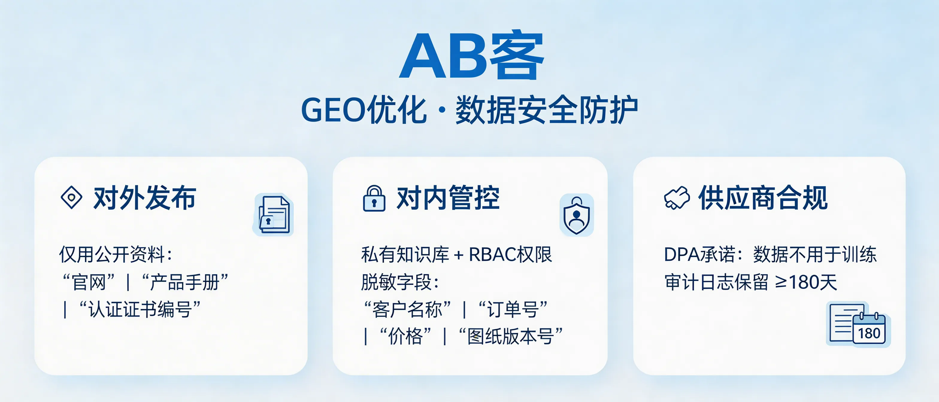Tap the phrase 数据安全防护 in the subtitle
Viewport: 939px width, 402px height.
coord(546,109)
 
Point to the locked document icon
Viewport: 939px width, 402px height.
coord(273,215)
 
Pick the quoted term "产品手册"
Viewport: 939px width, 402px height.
coord(185,282)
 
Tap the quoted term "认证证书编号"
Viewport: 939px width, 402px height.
coord(140,310)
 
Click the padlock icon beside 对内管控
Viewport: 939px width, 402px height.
coord(374,198)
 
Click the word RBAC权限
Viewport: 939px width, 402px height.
coord(510,255)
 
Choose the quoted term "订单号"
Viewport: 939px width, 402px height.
coord(513,310)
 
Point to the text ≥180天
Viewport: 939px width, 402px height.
coord(806,282)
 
